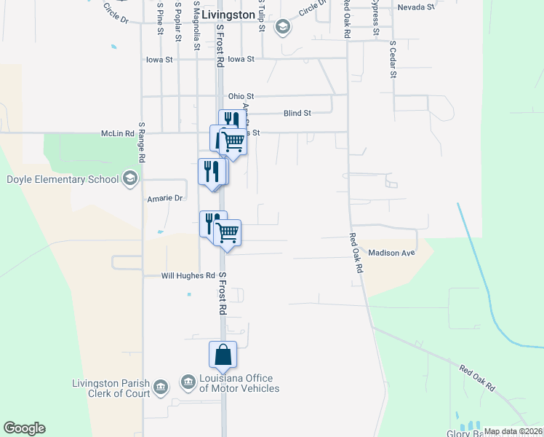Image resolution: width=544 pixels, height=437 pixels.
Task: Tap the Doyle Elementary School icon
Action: click(130, 178)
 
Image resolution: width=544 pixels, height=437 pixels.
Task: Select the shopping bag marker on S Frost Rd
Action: click(223, 355)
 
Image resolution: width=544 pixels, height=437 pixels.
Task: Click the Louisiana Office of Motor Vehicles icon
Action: click(188, 382)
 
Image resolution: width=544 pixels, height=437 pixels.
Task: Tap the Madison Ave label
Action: click(391, 253)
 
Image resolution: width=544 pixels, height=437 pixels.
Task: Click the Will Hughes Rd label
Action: click(188, 276)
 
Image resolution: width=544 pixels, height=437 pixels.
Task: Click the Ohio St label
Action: click(241, 96)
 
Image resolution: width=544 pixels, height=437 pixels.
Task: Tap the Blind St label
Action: click(297, 114)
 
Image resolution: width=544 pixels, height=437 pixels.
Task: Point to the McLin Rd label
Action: click(118, 134)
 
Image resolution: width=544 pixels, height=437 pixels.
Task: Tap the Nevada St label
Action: click(415, 7)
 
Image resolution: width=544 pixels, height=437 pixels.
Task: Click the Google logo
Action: click(24, 428)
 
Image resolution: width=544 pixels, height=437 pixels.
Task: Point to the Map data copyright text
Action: click(513, 431)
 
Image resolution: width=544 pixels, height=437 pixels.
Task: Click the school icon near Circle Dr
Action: click(282, 28)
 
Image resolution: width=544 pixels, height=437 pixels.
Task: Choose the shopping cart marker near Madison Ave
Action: click(228, 233)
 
